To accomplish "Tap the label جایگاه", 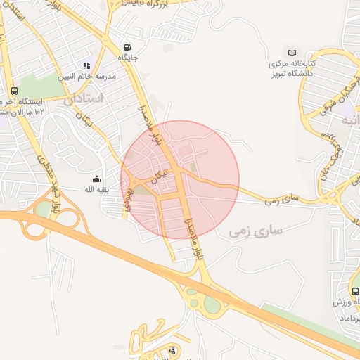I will click(127, 57).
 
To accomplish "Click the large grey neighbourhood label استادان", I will click(84, 99).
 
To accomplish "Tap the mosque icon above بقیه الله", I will click(96, 179).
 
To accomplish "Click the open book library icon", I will click(292, 53).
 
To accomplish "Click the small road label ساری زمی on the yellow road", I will click(282, 200).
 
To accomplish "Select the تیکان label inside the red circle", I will click(161, 174).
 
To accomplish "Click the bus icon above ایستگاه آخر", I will click(14, 91).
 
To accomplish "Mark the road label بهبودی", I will click(129, 200).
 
